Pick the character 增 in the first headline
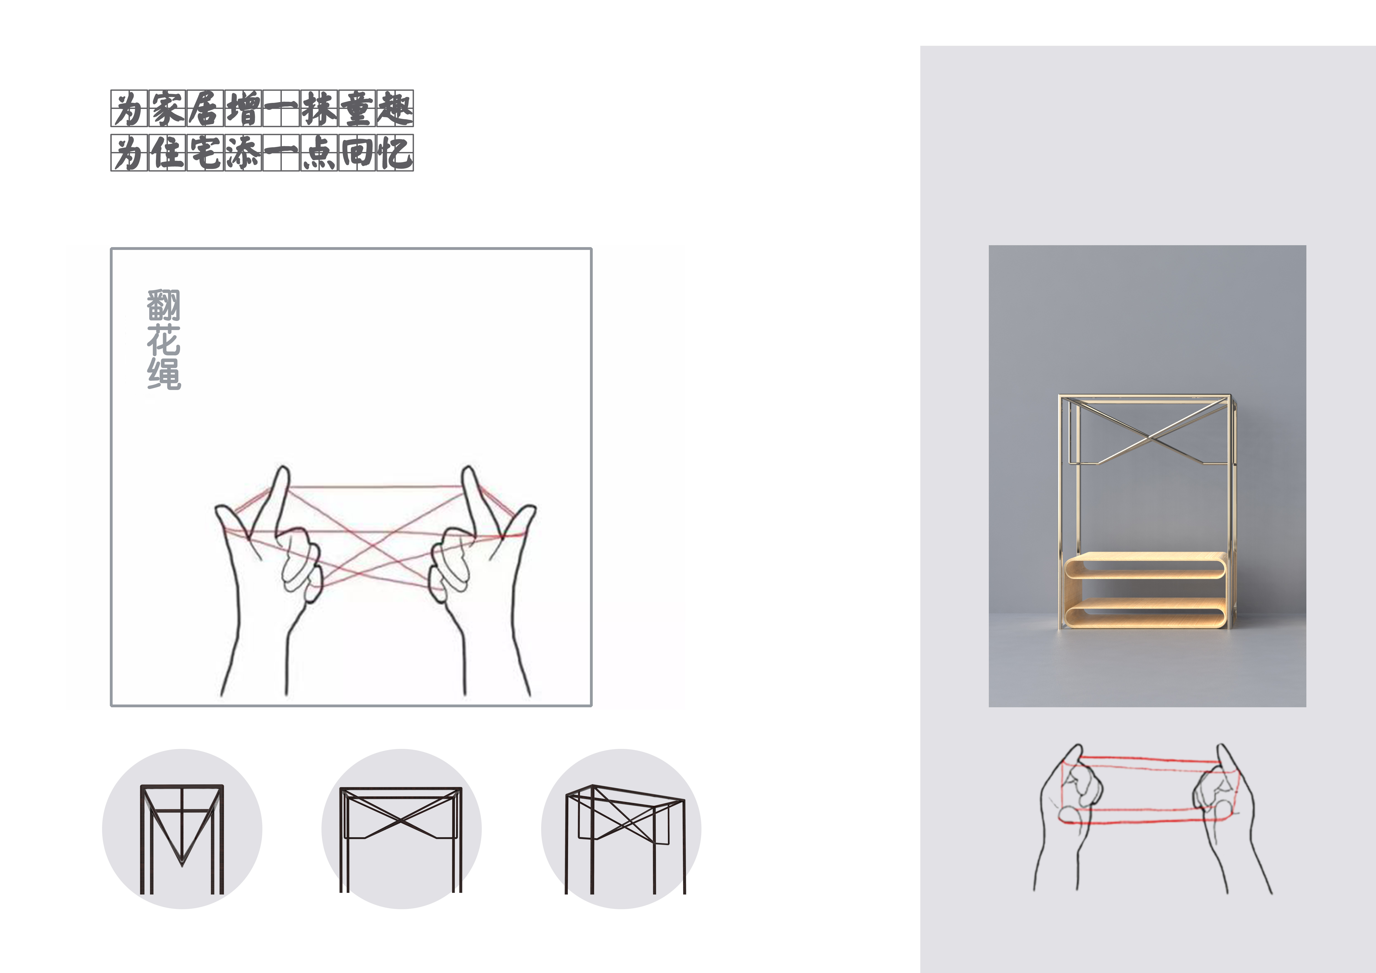tap(243, 108)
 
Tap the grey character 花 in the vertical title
tap(164, 340)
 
